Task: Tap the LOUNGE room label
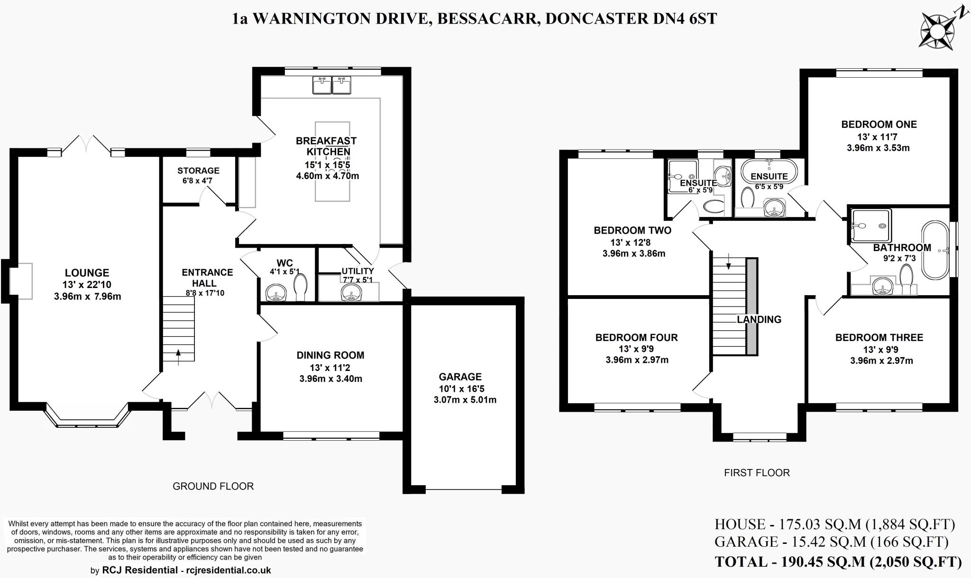[x=87, y=273]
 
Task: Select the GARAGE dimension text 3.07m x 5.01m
[x=465, y=400]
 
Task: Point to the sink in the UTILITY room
[x=351, y=292]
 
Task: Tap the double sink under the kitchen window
[x=332, y=86]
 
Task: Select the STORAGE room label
[x=198, y=171]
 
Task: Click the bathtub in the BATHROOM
[x=935, y=250]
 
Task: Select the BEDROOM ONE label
[x=879, y=125]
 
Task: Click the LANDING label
[x=759, y=319]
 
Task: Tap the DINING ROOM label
[x=330, y=355]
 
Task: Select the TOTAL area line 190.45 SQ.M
[x=838, y=562]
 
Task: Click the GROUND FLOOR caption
[x=213, y=486]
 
